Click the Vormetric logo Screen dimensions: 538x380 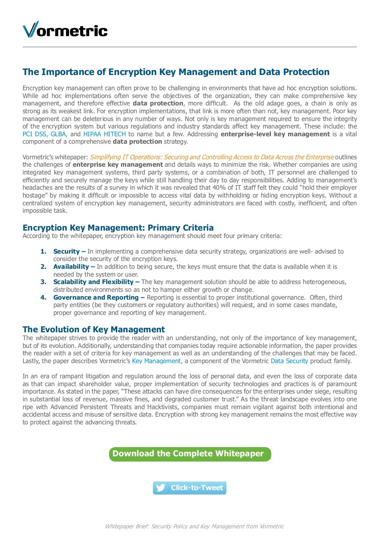65,30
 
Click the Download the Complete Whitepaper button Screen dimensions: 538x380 190,454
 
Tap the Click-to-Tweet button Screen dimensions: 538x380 190,488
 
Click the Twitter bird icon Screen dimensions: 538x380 161,488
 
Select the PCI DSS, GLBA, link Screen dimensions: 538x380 45,134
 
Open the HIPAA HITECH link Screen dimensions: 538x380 105,134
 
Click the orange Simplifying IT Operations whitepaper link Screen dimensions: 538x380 212,157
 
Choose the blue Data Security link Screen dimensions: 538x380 289,361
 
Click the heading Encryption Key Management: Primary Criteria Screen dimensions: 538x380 118,228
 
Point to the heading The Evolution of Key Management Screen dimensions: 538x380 94,329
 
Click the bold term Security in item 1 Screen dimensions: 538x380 66,251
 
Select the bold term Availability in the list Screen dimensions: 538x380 71,267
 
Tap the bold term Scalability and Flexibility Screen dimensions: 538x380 93,282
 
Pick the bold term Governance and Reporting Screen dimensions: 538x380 96,297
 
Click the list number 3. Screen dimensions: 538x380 43,282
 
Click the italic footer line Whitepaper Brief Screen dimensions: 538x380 194,526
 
